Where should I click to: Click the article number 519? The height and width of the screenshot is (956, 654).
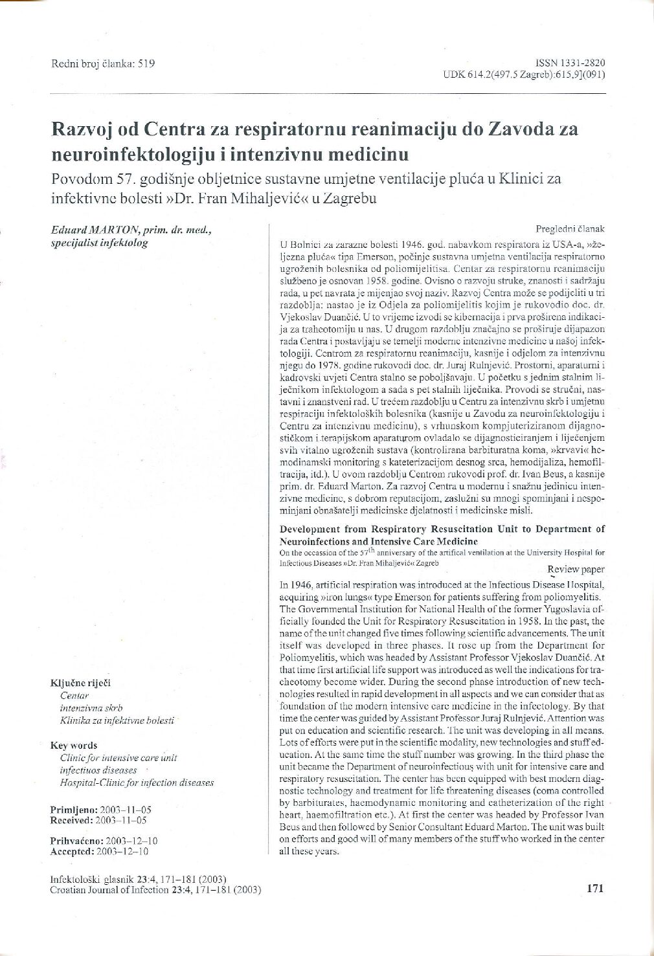coord(146,63)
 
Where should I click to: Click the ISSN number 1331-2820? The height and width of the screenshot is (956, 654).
coord(581,63)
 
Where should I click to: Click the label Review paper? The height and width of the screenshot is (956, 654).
coord(576,570)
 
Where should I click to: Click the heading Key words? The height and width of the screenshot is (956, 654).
coord(74,745)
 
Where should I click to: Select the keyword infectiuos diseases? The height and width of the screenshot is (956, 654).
coord(98,770)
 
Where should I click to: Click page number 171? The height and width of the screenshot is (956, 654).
coord(594,888)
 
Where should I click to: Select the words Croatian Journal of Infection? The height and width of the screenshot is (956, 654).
coord(109,890)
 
